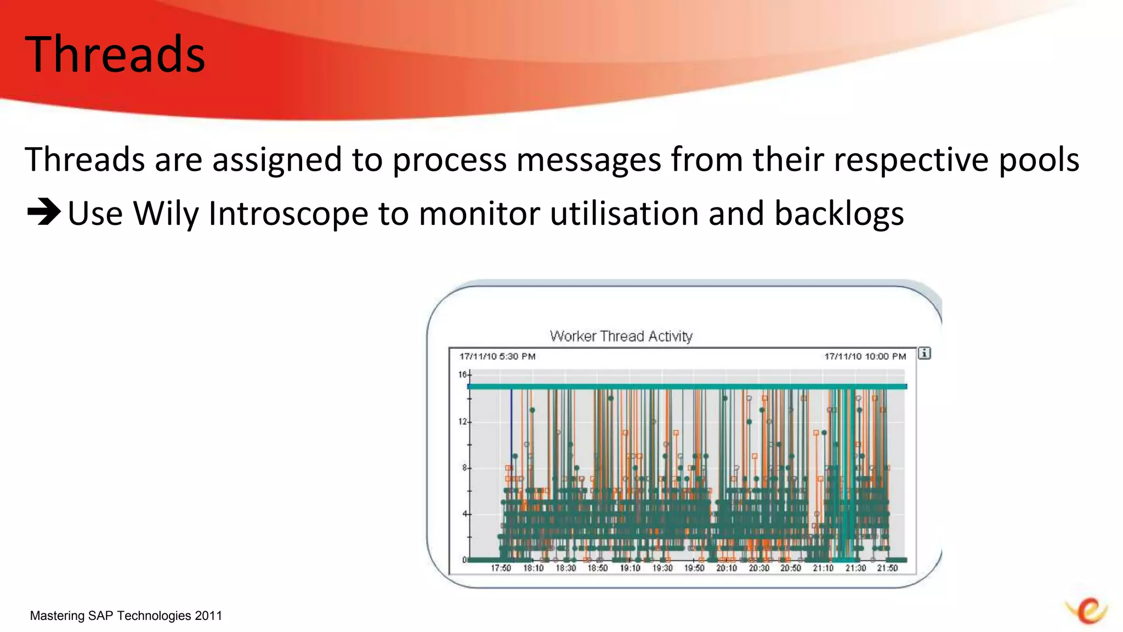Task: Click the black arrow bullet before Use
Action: pos(43,212)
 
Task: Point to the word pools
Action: pos(1039,160)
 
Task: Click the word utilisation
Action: pos(623,213)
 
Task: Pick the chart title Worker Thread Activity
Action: pos(621,336)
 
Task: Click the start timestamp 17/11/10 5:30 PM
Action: pos(497,357)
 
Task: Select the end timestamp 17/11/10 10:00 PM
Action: pos(865,357)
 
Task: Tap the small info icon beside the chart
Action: pos(925,353)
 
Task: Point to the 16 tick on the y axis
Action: pos(463,375)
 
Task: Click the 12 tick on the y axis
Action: pos(463,421)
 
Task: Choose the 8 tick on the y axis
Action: pos(464,468)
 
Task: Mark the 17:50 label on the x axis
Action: pos(501,568)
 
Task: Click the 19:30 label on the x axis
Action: pos(662,568)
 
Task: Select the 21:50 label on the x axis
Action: pos(887,568)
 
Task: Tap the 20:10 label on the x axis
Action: pos(727,568)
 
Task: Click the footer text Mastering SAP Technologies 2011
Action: pos(126,616)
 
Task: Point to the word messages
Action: pos(589,160)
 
